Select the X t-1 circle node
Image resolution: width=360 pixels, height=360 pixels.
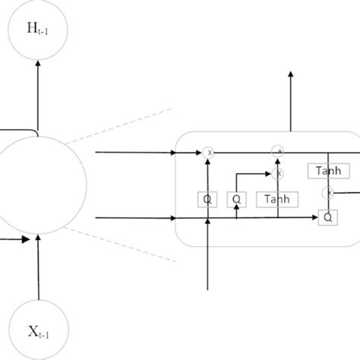pyautogui.click(x=38, y=330)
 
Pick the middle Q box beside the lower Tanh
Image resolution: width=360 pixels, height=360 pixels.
pyautogui.click(x=237, y=199)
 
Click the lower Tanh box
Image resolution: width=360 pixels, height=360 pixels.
pyautogui.click(x=277, y=199)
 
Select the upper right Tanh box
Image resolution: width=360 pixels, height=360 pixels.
pyautogui.click(x=328, y=171)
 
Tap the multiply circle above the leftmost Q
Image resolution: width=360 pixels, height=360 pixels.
pyautogui.click(x=209, y=153)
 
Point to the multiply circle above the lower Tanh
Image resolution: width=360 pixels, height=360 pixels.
pyautogui.click(x=278, y=173)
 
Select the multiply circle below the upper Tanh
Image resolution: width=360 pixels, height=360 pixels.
pyautogui.click(x=329, y=193)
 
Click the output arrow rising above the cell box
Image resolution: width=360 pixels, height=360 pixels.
pyautogui.click(x=290, y=99)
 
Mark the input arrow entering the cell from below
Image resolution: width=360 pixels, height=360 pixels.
pyautogui.click(x=209, y=258)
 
